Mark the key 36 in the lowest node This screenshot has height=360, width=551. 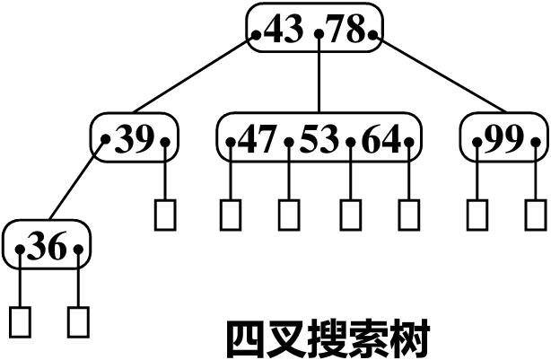(x=49, y=247)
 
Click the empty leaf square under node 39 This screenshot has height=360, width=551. (x=165, y=214)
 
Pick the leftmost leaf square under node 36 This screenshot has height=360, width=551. (x=20, y=320)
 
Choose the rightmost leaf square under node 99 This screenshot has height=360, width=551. (x=536, y=214)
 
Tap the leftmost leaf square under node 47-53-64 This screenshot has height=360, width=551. (x=231, y=214)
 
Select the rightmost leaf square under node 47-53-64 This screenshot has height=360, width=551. (x=409, y=214)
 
